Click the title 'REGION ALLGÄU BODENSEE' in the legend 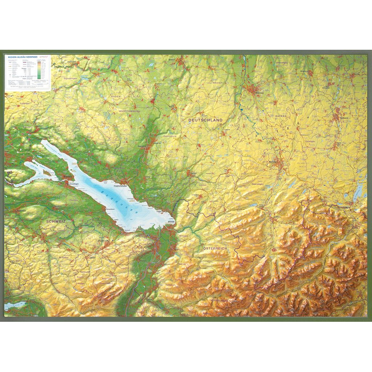click(x=23, y=57)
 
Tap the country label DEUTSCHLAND click(x=205, y=120)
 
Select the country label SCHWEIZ click(x=56, y=222)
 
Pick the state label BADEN click(x=115, y=96)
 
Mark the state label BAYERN click(x=281, y=115)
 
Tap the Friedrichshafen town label click(x=122, y=186)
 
